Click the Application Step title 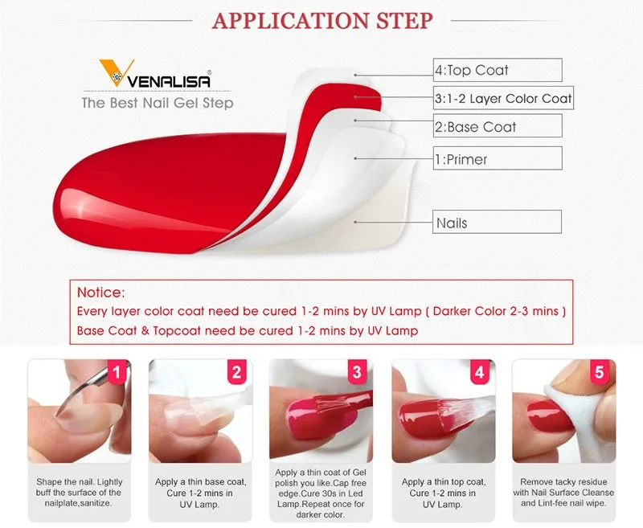(x=321, y=20)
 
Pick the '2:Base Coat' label (x=475, y=127)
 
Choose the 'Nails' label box (x=496, y=223)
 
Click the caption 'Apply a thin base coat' (x=199, y=482)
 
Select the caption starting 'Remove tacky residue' (x=567, y=493)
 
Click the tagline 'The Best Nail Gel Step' (x=158, y=103)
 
